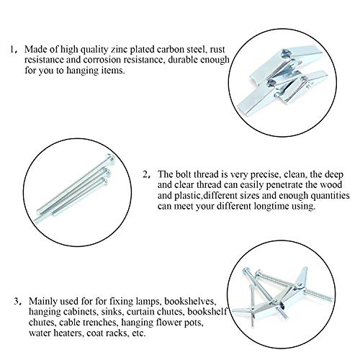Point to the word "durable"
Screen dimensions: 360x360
point(183,60)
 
